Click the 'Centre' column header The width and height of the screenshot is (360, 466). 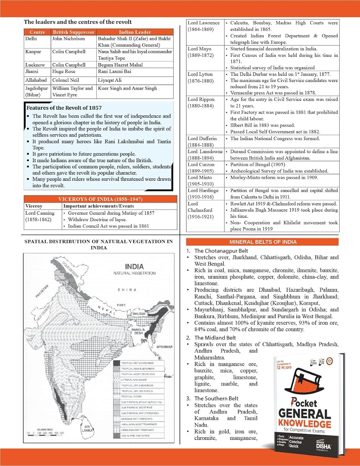37,32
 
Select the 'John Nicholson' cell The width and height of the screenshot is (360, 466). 68,39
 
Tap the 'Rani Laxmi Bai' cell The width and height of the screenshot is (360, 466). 114,71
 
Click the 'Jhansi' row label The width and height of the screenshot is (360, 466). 32,71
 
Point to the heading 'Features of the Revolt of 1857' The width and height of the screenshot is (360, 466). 64,108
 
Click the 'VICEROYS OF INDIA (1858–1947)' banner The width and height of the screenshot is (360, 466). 100,199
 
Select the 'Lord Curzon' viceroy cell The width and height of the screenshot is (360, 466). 201,168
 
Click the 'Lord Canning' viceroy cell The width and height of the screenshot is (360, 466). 40,216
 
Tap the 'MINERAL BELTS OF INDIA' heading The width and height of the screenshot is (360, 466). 263,242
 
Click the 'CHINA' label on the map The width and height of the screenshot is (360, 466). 127,290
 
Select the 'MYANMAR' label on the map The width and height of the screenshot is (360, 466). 164,347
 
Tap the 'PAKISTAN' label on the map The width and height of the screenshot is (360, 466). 42,291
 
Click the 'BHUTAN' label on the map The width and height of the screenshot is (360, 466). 139,314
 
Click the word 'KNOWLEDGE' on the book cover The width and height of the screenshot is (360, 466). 304,423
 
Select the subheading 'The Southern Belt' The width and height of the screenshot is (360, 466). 216,398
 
